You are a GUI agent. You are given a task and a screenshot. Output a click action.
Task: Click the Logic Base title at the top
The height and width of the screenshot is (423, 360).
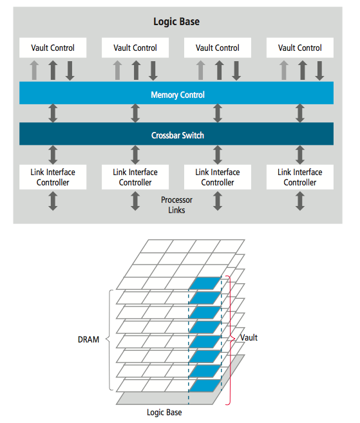click(176, 22)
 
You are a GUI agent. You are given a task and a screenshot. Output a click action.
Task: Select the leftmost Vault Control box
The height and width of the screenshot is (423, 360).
click(53, 48)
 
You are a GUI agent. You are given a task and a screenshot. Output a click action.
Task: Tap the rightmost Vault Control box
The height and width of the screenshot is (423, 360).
click(300, 48)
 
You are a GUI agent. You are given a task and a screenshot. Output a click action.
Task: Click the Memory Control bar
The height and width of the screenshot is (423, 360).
click(176, 93)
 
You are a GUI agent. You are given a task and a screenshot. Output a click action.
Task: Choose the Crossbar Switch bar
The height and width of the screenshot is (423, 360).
click(176, 134)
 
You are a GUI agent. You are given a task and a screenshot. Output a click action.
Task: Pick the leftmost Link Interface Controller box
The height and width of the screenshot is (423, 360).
click(53, 177)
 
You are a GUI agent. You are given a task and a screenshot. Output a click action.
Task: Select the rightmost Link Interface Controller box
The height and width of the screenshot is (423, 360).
click(300, 177)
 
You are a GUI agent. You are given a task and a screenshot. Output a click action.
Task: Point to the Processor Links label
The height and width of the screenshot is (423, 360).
click(176, 205)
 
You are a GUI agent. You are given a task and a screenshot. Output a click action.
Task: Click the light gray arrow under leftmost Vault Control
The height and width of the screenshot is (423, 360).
click(34, 70)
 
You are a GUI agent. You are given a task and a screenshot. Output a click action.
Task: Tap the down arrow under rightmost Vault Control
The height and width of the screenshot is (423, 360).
click(319, 71)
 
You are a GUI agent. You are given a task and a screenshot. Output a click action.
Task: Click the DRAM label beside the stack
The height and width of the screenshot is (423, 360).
click(88, 339)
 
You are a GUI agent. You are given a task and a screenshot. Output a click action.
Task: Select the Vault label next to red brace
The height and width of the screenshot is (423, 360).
click(249, 337)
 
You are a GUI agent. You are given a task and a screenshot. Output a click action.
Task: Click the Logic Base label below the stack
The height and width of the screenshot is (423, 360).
click(164, 413)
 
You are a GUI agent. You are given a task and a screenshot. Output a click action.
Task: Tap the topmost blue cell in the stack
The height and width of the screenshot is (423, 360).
click(205, 283)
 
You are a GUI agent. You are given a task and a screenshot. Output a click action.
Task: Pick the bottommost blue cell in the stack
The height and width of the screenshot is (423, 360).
click(205, 386)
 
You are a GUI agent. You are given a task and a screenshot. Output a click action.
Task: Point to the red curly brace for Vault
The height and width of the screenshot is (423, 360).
click(230, 340)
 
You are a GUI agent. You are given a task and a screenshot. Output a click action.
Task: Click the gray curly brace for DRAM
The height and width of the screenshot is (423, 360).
click(109, 340)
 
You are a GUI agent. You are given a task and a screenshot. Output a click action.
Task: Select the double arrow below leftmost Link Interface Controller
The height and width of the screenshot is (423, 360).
click(53, 201)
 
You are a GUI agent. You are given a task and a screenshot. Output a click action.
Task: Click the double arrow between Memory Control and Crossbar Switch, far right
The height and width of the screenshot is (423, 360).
click(300, 113)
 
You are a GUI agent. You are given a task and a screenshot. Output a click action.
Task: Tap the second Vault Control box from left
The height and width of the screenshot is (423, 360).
click(135, 48)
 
